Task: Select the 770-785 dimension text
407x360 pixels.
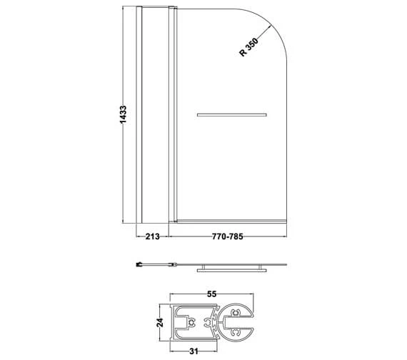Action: point(228,238)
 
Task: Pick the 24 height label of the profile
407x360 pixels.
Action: point(161,322)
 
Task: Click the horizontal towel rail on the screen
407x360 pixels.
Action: point(231,114)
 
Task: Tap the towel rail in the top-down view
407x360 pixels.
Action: point(231,269)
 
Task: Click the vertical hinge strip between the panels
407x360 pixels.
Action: point(171,114)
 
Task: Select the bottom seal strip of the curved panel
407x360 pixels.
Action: point(231,219)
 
